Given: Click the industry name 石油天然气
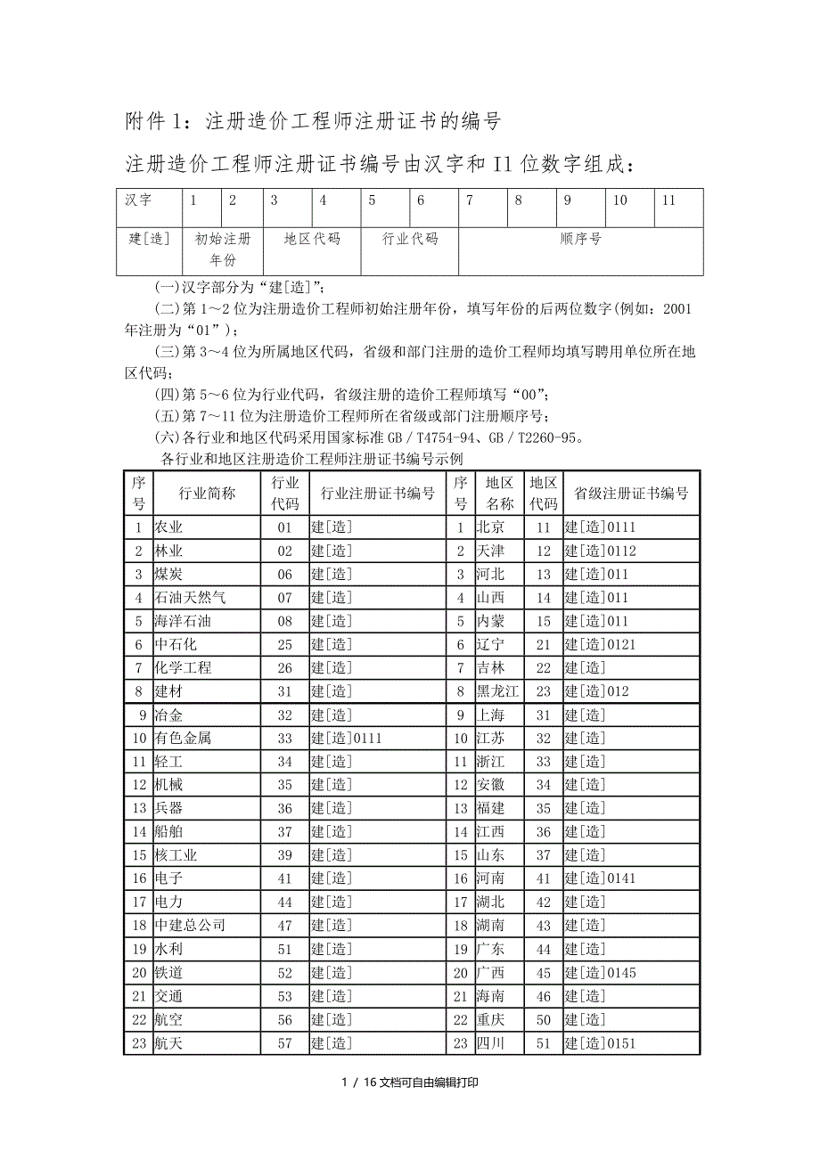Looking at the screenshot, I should [x=190, y=597].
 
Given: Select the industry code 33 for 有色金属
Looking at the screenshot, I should [x=285, y=738].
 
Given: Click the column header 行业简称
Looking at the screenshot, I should [x=207, y=493].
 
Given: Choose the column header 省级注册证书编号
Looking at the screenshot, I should [x=631, y=493].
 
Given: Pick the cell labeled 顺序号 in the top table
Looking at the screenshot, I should [x=580, y=240].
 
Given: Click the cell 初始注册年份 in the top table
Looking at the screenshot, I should [x=223, y=249].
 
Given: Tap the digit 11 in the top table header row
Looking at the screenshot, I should [x=669, y=201].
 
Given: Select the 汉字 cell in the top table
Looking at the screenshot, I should [x=138, y=201].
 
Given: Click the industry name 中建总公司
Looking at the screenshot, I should [x=190, y=925].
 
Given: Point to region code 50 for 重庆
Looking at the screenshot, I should [x=543, y=1019].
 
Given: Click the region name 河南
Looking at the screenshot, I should [x=490, y=878].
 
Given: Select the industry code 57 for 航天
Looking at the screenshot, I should [x=285, y=1043].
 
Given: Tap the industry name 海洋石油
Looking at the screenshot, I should [x=183, y=620].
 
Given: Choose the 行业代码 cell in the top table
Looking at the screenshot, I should [x=410, y=240].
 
